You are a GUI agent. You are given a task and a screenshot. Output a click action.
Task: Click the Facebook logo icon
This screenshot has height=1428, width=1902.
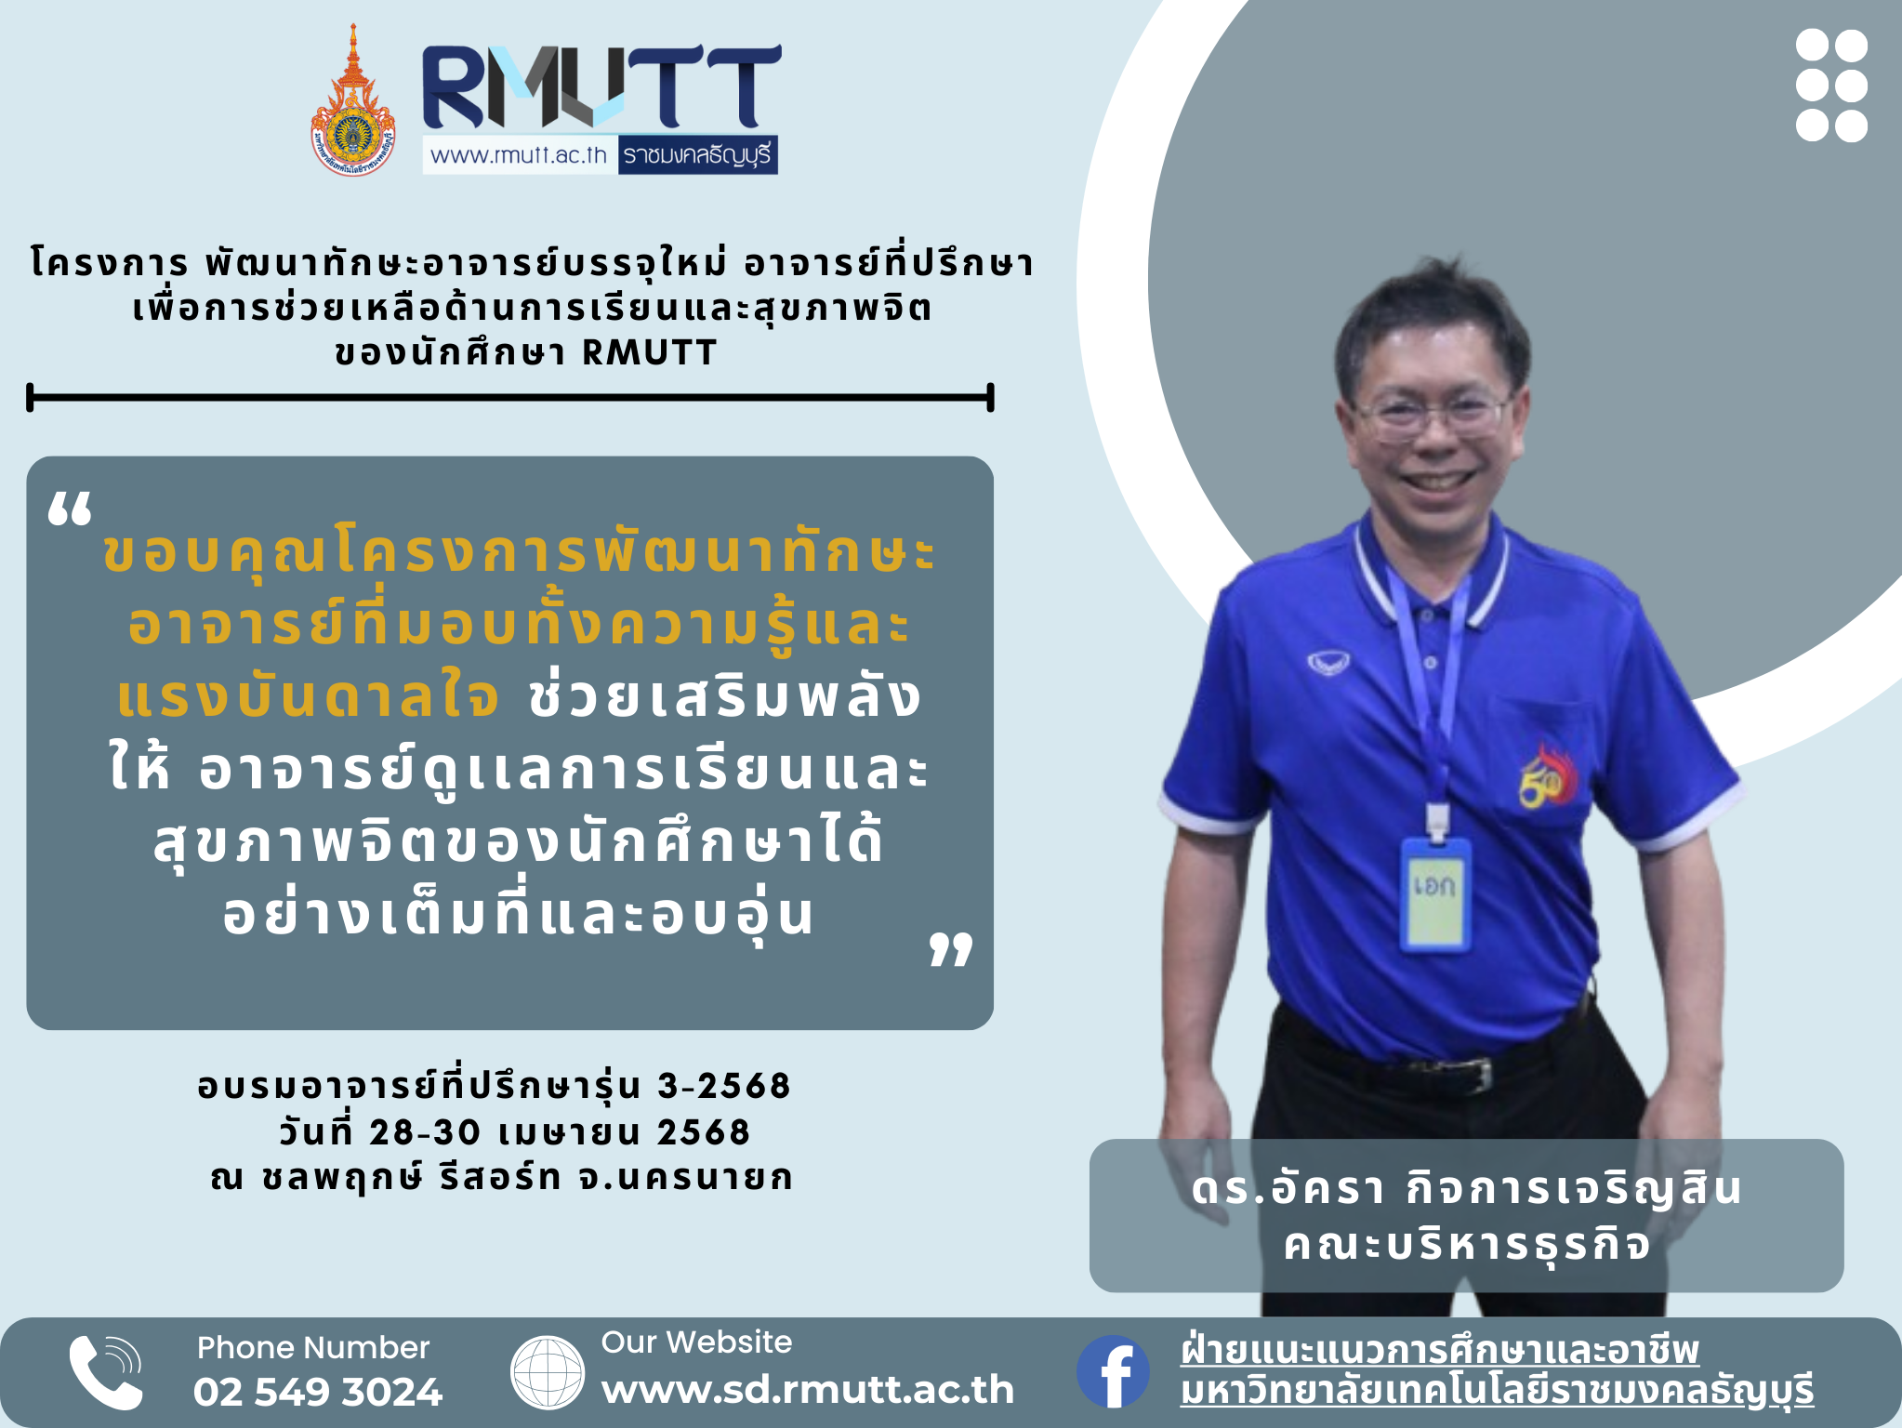(x=1113, y=1371)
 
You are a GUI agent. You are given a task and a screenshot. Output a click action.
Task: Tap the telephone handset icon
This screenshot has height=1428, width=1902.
(x=106, y=1372)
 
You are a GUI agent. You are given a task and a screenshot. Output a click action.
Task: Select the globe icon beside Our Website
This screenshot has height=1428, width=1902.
(x=548, y=1372)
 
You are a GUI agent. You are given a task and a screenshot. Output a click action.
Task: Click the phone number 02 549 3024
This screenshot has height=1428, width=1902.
(x=318, y=1392)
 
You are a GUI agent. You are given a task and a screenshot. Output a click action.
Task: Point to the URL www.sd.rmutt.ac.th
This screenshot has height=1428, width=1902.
(x=808, y=1389)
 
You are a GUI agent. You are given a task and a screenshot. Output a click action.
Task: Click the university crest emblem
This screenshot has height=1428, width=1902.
(x=352, y=100)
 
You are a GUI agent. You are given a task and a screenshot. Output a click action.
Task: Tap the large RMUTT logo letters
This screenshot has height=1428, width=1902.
(x=601, y=86)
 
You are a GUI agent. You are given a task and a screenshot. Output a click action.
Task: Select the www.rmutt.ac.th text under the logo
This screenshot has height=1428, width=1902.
(x=518, y=154)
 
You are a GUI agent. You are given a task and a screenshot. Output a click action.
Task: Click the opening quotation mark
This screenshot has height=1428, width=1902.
(x=70, y=509)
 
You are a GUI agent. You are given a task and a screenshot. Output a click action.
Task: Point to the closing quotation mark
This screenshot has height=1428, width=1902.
(x=951, y=949)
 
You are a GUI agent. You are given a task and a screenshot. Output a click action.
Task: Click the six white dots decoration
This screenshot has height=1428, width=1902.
(x=1831, y=86)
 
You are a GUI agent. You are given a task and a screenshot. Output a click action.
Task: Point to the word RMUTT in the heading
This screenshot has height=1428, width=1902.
(x=649, y=353)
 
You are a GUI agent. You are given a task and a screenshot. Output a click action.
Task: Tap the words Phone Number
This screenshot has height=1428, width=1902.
(x=313, y=1347)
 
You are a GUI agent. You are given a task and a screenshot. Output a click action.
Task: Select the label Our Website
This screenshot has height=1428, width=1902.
(x=696, y=1342)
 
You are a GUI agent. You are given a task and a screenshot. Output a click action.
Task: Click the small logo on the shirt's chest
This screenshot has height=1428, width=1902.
(x=1327, y=663)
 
